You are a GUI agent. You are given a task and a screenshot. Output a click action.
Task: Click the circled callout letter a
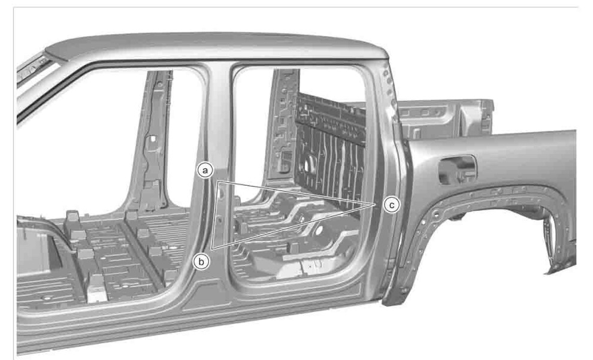click(205, 171)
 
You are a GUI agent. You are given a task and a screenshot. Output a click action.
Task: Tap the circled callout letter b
click(201, 262)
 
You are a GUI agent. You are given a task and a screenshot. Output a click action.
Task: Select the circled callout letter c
click(392, 205)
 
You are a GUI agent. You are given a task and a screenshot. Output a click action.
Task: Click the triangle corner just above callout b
click(213, 249)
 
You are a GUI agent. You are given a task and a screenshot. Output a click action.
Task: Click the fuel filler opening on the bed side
click(457, 169)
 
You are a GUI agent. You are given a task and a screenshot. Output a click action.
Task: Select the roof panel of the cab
click(216, 46)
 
